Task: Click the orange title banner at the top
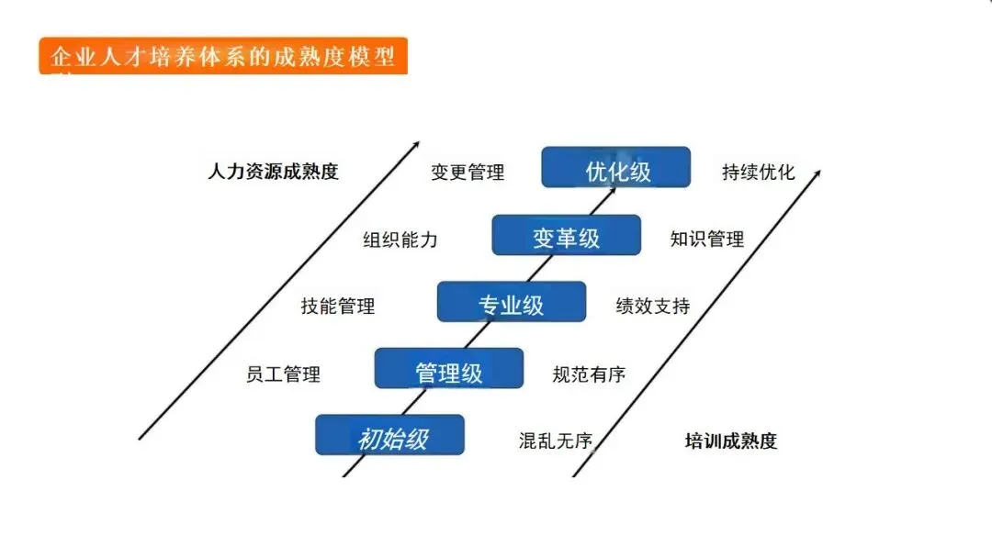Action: click(x=222, y=56)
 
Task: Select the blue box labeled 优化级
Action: click(x=615, y=167)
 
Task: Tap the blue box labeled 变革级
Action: click(x=566, y=235)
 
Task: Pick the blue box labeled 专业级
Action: click(x=511, y=302)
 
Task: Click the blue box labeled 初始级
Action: click(x=389, y=436)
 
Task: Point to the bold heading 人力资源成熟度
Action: click(x=273, y=172)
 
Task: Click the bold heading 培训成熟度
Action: click(x=731, y=441)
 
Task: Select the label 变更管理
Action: click(x=468, y=173)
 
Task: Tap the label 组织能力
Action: click(x=400, y=240)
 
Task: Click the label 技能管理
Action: click(x=338, y=307)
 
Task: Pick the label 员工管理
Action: click(x=283, y=374)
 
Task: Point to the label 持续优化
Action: click(x=759, y=173)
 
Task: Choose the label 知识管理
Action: click(x=707, y=240)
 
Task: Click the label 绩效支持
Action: click(x=652, y=307)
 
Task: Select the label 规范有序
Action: click(x=589, y=374)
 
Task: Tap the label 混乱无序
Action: click(x=556, y=441)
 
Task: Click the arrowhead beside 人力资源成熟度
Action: click(x=415, y=147)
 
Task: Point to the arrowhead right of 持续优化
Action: click(x=817, y=172)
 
